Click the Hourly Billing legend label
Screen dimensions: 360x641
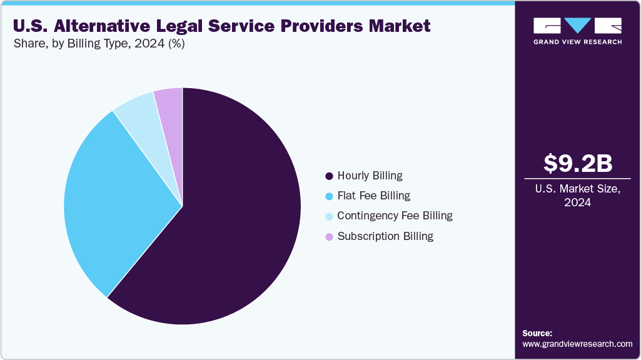pyautogui.click(x=370, y=176)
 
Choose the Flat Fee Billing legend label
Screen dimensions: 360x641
pyautogui.click(x=373, y=196)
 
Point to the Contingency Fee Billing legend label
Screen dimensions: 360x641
pyautogui.click(x=395, y=216)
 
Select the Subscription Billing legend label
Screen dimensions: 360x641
pyautogui.click(x=385, y=236)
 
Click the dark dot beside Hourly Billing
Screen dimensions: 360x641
pyautogui.click(x=329, y=176)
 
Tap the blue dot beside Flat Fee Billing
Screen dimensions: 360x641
pyautogui.click(x=329, y=196)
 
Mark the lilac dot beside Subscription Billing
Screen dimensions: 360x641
pyautogui.click(x=329, y=237)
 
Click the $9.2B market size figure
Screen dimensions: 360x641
pyautogui.click(x=577, y=163)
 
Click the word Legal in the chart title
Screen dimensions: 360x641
pyautogui.click(x=186, y=26)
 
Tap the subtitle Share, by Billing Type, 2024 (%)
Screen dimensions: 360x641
pyautogui.click(x=98, y=44)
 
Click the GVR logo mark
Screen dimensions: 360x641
pyautogui.click(x=577, y=26)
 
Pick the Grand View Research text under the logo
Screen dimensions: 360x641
pyautogui.click(x=577, y=42)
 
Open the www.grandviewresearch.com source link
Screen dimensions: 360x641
pyautogui.click(x=577, y=344)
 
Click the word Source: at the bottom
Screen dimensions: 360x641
pyautogui.click(x=537, y=333)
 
